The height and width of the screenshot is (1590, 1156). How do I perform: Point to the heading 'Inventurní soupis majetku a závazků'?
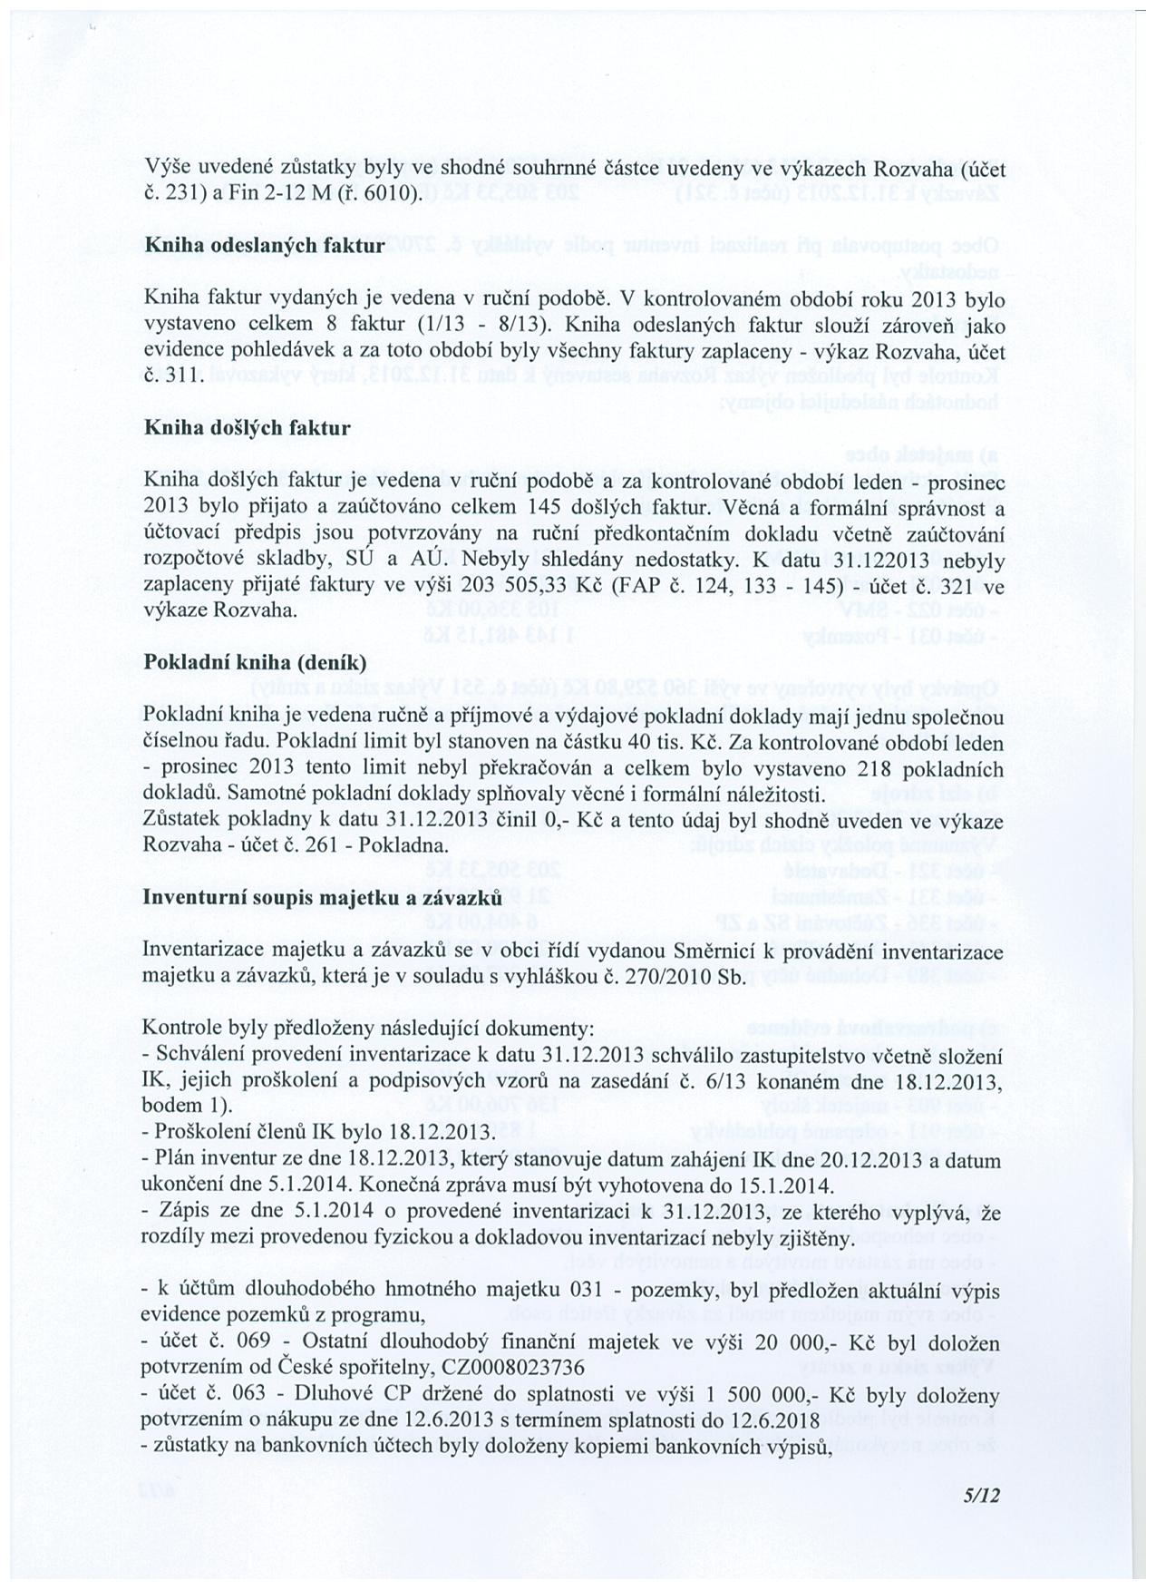(323, 897)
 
